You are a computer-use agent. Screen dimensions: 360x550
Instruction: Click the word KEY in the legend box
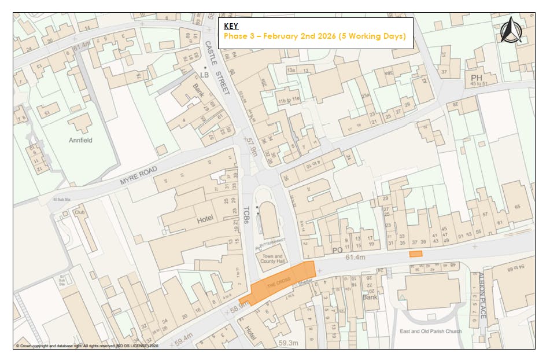click(231, 26)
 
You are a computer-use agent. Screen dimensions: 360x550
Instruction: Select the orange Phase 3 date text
click(315, 36)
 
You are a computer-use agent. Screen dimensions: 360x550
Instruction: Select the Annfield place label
click(80, 140)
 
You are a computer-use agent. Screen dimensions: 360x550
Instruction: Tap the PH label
click(477, 78)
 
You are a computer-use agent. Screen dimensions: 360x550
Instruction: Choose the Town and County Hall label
click(272, 259)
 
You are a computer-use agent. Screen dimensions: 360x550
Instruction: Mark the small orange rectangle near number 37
click(416, 254)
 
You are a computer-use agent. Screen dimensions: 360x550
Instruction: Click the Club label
click(80, 212)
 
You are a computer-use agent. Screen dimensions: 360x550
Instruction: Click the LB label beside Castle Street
click(203, 75)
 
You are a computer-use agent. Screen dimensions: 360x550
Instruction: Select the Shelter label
click(305, 283)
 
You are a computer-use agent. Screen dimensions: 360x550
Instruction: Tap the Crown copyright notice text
click(87, 346)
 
